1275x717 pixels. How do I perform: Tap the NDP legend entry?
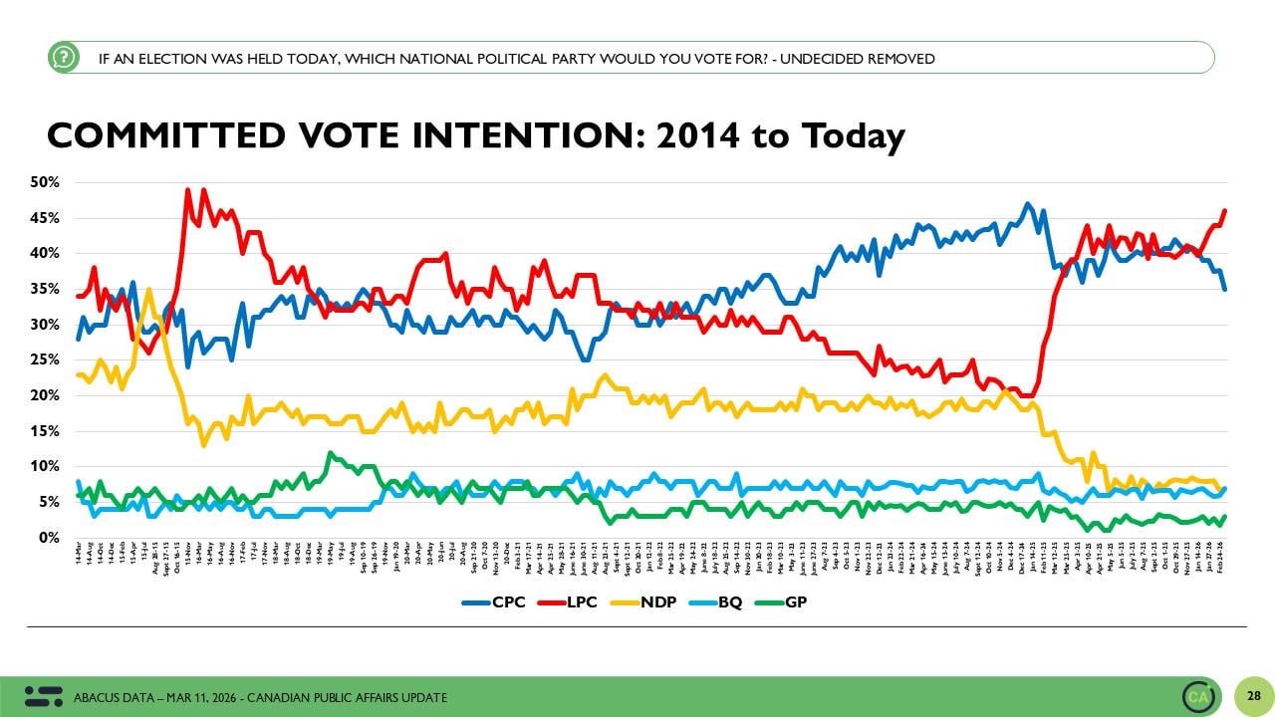[655, 602]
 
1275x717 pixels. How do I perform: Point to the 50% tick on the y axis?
[46, 182]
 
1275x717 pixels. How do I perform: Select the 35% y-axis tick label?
[46, 289]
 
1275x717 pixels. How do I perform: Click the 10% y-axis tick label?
[46, 467]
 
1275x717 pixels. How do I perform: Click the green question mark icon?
[63, 58]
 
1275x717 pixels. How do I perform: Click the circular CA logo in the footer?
[1198, 696]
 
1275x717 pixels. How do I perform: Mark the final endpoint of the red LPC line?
[1224, 210]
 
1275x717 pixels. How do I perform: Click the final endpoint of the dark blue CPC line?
[1224, 289]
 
